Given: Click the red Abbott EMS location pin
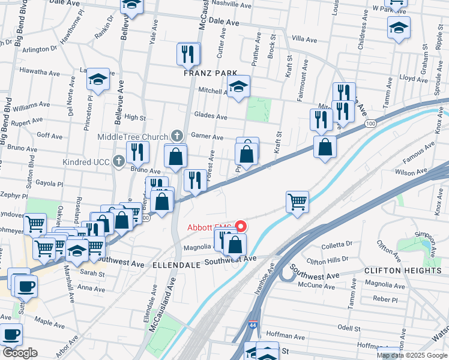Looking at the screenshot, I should [241, 227].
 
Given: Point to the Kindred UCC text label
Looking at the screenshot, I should [86, 161].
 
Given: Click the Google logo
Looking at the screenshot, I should [20, 353].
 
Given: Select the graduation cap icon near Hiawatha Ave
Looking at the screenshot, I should [98, 79].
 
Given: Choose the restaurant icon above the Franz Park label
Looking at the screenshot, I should [188, 54].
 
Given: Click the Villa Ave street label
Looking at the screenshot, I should [303, 38].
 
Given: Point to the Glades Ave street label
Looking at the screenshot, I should [210, 116].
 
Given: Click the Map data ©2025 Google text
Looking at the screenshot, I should [412, 355].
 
